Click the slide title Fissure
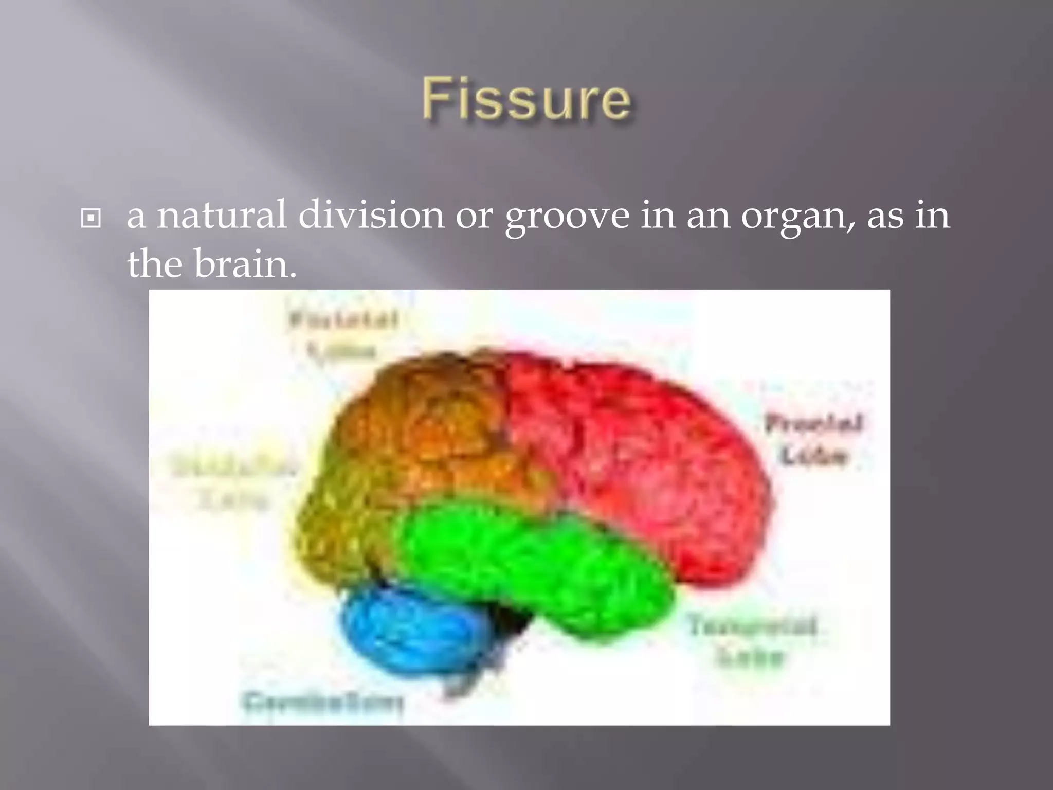(x=526, y=99)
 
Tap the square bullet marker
(x=91, y=219)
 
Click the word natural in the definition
(x=221, y=214)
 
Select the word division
(x=371, y=214)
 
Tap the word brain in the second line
(x=244, y=263)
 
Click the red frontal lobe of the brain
(x=643, y=463)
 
